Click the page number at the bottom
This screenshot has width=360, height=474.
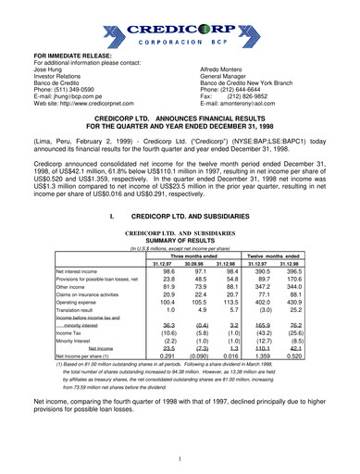point(180,457)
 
